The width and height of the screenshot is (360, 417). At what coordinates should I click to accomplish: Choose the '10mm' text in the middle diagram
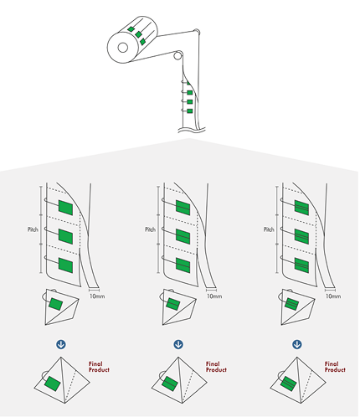[214, 296]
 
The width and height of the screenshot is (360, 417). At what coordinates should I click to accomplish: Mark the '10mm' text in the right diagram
[332, 296]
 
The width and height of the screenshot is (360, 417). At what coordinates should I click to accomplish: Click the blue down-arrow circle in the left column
[59, 343]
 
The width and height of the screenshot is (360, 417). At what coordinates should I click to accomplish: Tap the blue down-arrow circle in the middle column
[178, 343]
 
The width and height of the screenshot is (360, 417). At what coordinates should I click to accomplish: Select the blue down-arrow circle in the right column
[297, 343]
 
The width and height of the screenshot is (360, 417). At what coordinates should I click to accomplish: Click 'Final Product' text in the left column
[100, 366]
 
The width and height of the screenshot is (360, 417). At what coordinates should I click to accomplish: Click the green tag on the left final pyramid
[53, 385]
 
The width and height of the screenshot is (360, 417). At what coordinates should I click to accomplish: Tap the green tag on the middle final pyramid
[170, 385]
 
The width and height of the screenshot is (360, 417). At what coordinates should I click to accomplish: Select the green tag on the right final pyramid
[289, 385]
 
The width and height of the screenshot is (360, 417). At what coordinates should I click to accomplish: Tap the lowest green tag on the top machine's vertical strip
[190, 110]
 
